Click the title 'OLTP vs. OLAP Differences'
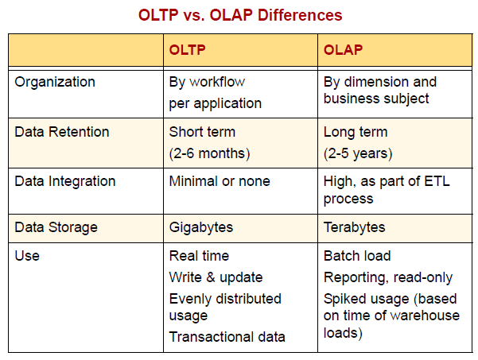click(240, 15)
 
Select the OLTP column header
click(188, 50)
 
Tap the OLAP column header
click(344, 50)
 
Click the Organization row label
click(55, 82)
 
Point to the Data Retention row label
click(62, 132)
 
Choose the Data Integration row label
click(65, 181)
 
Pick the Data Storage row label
click(56, 227)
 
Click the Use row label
click(27, 256)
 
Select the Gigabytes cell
click(201, 227)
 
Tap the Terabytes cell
click(355, 227)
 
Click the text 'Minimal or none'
click(220, 181)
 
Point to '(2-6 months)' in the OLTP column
click(209, 153)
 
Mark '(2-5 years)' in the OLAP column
click(358, 153)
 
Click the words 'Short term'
click(202, 132)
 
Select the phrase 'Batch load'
click(357, 256)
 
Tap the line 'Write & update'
click(216, 277)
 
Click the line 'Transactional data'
click(227, 337)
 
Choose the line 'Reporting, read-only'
click(388, 277)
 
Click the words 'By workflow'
click(207, 82)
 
